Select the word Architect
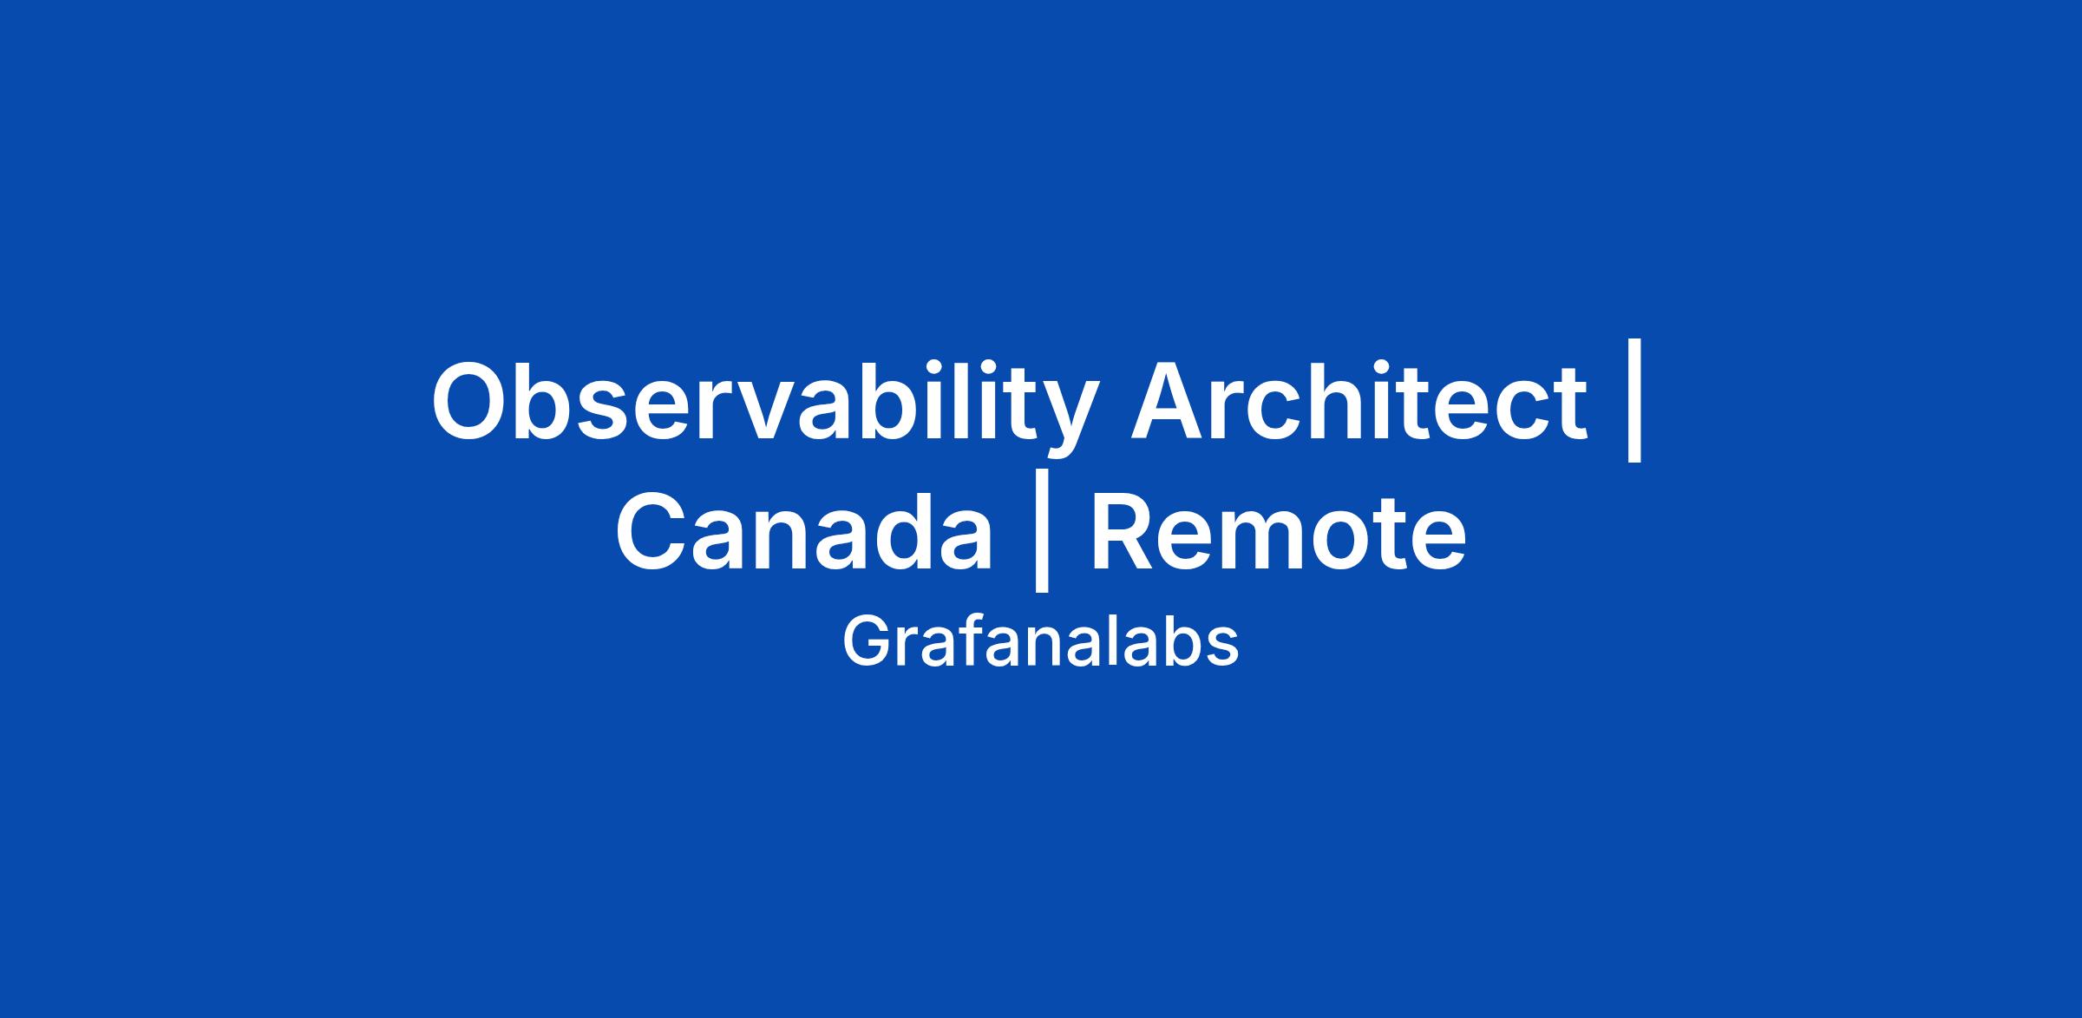[x=1359, y=400]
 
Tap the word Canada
[x=804, y=530]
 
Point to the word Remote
[x=1279, y=530]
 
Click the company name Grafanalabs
[x=1040, y=642]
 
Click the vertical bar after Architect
[x=1634, y=400]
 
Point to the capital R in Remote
[x=1123, y=531]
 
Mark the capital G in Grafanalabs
[x=867, y=642]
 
